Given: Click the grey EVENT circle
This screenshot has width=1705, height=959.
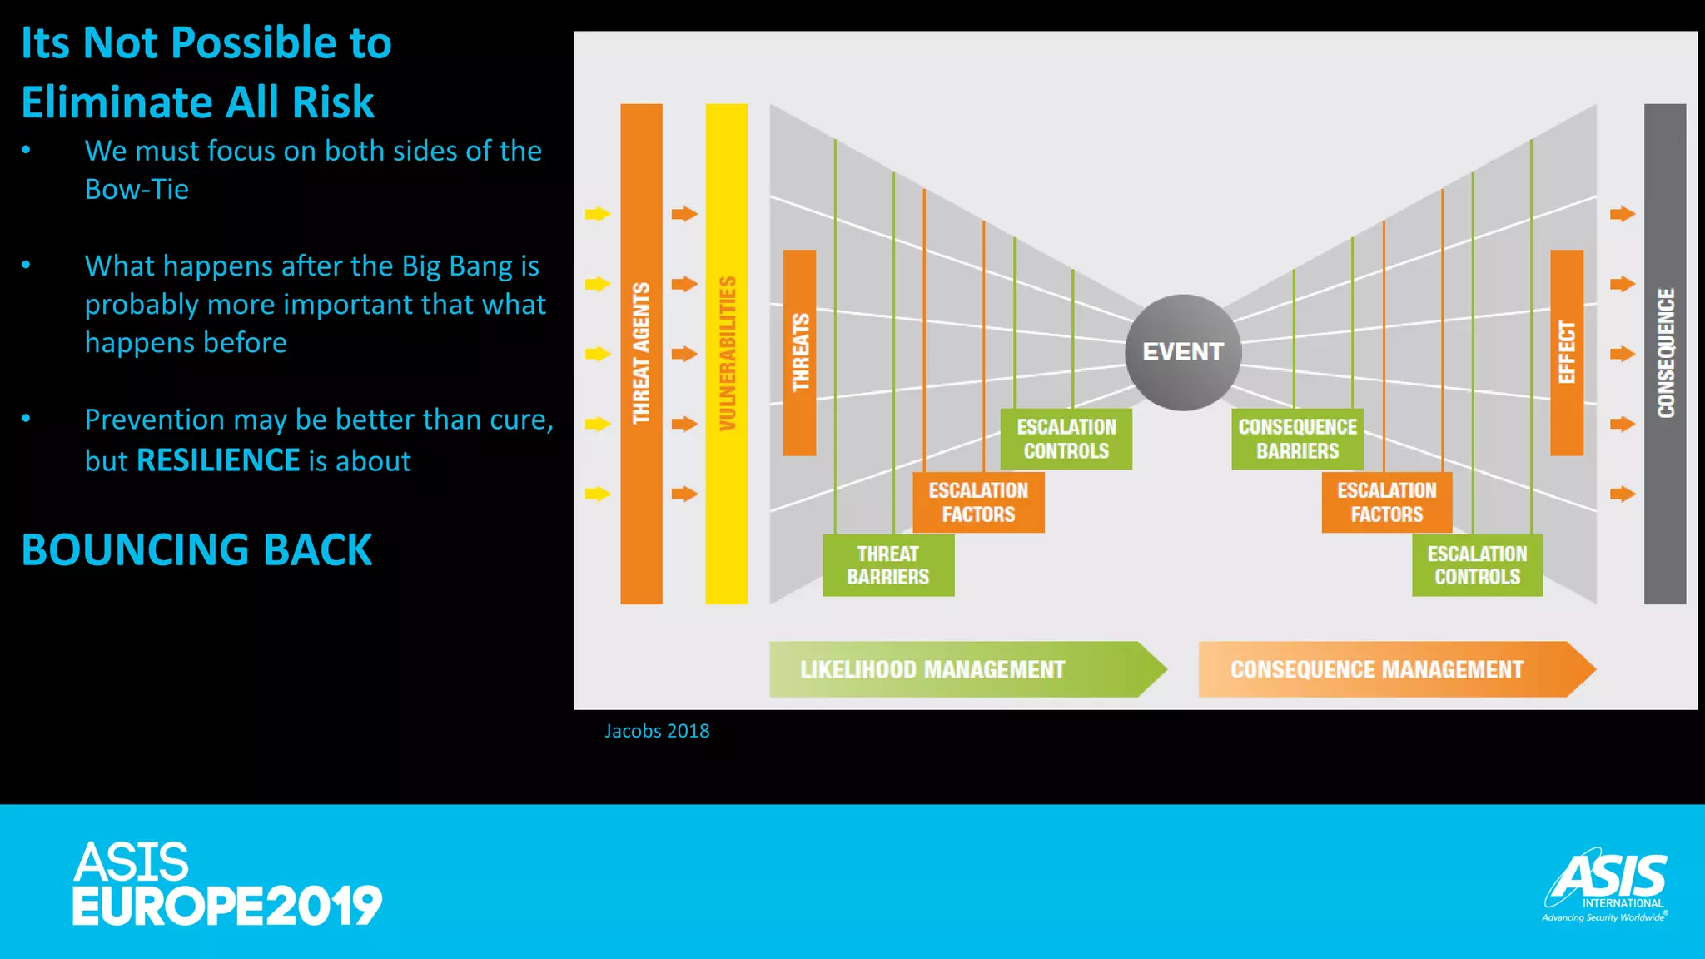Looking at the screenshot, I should pos(1183,352).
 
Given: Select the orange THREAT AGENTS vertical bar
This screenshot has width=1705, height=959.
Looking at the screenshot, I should pos(641,353).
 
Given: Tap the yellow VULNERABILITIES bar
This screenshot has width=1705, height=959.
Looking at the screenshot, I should pos(726,353).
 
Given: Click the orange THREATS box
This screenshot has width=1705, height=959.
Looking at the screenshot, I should pos(799,352).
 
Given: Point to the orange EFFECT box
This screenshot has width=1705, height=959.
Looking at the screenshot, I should pos(1566,352).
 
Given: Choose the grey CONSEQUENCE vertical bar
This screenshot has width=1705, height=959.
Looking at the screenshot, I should pos(1664,353).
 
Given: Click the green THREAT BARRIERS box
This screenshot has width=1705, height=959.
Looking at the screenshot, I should pos(888,565).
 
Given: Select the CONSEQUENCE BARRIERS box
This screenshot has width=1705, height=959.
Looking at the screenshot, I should pos(1297,439).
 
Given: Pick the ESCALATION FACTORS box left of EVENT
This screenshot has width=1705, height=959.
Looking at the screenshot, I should pos(978,502).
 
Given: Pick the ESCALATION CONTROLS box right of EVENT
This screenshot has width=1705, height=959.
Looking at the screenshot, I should pos(1477,565).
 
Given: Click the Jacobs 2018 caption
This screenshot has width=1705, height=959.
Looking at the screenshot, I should pos(657,731).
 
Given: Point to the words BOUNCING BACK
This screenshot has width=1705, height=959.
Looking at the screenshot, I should pos(196,550).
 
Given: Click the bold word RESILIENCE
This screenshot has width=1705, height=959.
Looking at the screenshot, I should pos(218,460).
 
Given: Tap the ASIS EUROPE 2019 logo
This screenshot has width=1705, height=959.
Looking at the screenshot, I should pos(226,883).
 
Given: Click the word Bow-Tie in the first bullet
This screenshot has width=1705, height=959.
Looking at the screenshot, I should pos(137,190).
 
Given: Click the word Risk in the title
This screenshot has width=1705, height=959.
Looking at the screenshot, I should pos(333,102).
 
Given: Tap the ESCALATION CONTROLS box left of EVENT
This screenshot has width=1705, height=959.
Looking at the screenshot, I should pos(1066,439).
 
